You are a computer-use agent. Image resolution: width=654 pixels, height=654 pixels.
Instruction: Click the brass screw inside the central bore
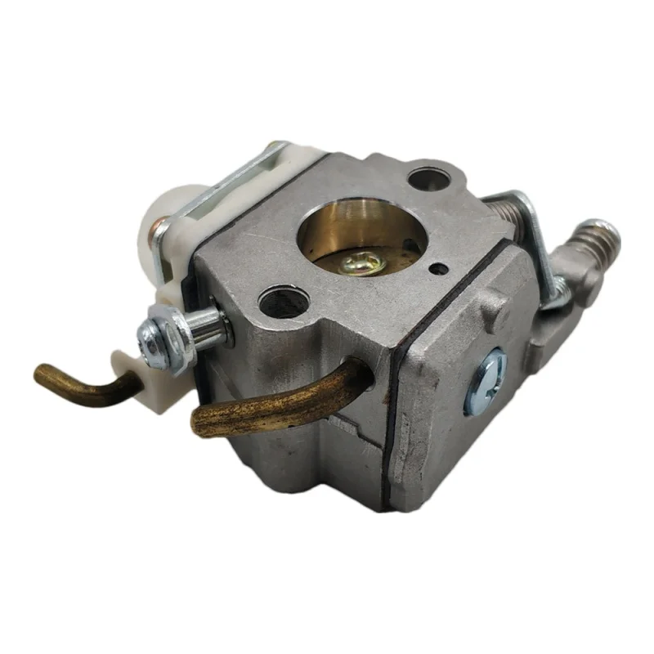362,262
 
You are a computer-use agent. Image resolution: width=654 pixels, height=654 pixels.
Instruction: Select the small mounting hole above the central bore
429,177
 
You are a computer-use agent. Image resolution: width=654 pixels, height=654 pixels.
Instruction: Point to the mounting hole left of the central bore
283,302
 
